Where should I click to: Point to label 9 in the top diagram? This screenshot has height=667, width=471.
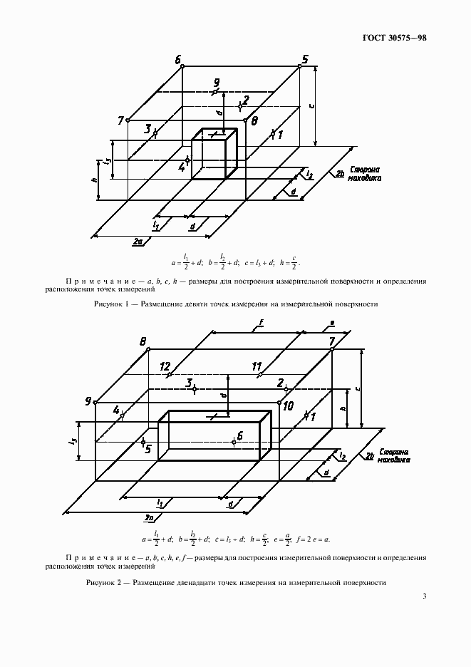coord(217,83)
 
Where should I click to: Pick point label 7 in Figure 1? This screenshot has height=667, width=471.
coord(121,120)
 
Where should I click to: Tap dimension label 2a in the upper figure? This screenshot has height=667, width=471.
coord(138,242)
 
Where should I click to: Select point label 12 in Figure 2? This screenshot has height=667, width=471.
coord(165,366)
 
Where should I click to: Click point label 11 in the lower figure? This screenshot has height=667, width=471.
coord(257,366)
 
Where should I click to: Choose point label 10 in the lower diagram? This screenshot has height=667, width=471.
coord(288,406)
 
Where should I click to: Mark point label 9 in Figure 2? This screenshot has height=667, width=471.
coord(88,401)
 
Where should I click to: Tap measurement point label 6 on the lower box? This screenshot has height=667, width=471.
coord(240,435)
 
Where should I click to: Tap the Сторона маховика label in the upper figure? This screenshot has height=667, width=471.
coord(364,175)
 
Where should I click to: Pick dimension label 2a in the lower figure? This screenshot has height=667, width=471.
coord(150,516)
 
